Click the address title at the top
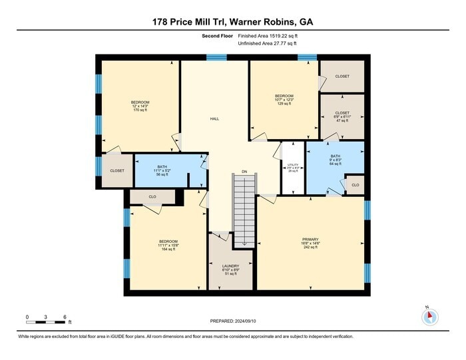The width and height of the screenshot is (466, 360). pyautogui.click(x=233, y=22)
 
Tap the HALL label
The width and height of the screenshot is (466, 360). pyautogui.click(x=214, y=118)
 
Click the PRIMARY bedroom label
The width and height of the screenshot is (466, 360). pyautogui.click(x=310, y=239)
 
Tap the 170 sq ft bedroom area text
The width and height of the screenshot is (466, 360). pyautogui.click(x=139, y=110)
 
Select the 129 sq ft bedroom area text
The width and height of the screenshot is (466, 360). pyautogui.click(x=284, y=104)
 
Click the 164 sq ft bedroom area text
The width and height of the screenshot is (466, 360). pyautogui.click(x=168, y=249)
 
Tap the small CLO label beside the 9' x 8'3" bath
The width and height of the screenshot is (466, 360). pyautogui.click(x=355, y=185)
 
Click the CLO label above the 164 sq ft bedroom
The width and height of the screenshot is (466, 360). pyautogui.click(x=152, y=197)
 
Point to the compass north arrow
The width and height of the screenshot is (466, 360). pyautogui.click(x=429, y=315)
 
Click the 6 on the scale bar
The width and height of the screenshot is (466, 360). pyautogui.click(x=64, y=316)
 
